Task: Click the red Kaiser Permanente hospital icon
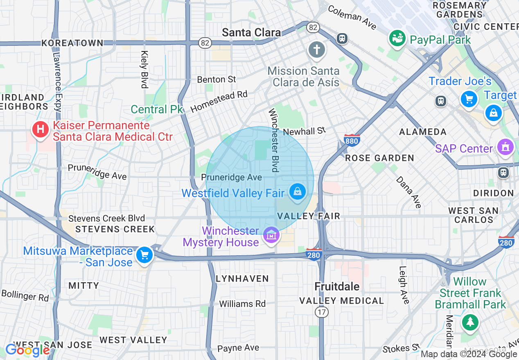tap(40, 130)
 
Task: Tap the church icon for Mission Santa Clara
tap(316, 50)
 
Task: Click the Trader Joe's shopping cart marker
tap(469, 99)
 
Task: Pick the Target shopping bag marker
tap(494, 113)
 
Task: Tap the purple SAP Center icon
tap(505, 147)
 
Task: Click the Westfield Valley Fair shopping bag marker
tap(298, 191)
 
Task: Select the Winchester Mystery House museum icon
tap(271, 236)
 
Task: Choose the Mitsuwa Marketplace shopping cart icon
tap(144, 255)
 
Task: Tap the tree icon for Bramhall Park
tap(470, 322)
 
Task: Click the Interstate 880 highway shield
tap(352, 140)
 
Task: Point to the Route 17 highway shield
tap(321, 312)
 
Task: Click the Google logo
tap(27, 350)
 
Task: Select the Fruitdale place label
tap(337, 286)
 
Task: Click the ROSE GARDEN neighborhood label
tap(379, 158)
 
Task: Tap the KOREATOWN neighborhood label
tap(72, 43)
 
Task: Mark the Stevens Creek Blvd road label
tap(106, 218)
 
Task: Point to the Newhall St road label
tap(304, 131)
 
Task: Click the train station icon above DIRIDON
tap(503, 173)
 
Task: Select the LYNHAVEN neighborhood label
tap(242, 279)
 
